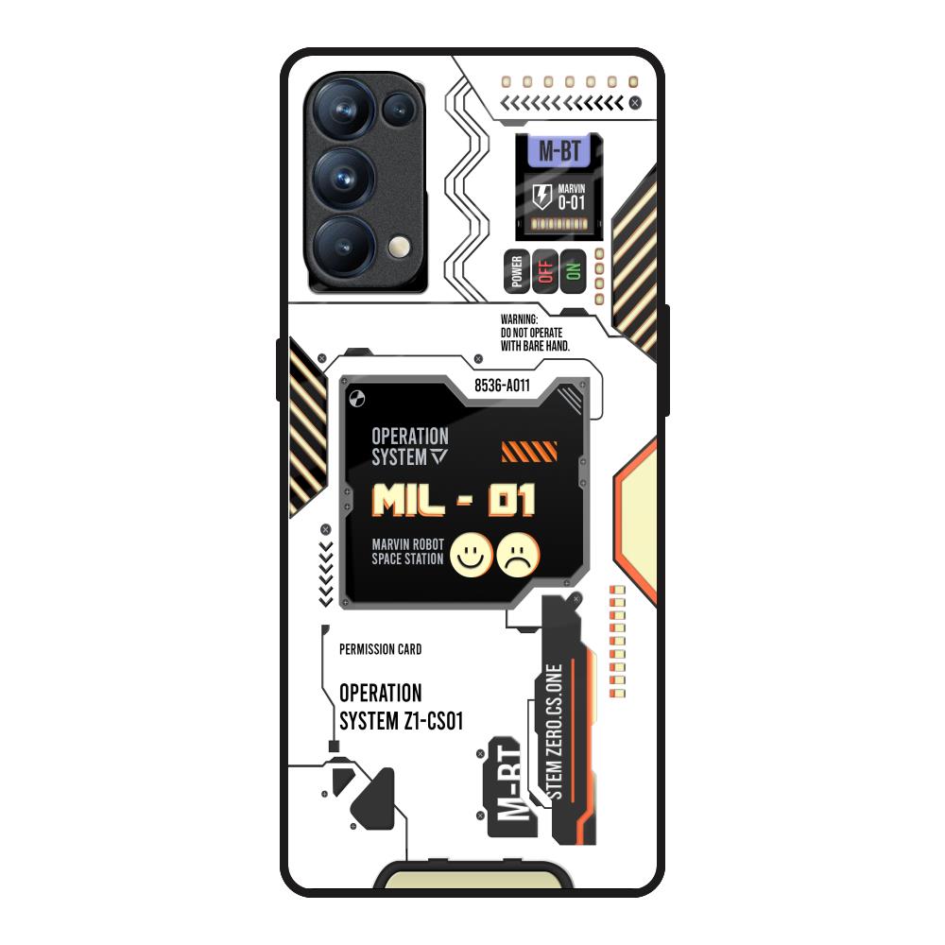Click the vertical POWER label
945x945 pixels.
517,271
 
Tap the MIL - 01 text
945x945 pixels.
455,500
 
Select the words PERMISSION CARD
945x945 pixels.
380,649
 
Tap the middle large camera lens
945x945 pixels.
341,175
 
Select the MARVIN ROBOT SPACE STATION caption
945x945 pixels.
407,552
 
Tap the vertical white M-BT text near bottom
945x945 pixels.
508,785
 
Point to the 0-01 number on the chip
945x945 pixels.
572,202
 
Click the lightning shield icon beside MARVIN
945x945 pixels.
541,197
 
